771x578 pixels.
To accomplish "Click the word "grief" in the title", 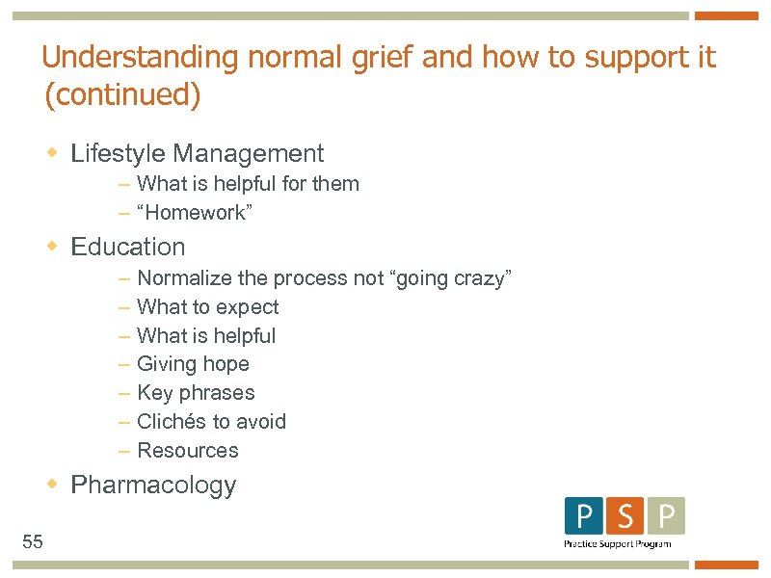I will tap(380, 58).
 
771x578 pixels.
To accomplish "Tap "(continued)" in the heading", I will tap(121, 96).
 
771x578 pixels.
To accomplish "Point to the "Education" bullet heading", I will tap(128, 247).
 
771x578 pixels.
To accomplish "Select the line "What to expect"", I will tap(208, 307).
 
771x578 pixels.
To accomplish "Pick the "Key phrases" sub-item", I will tap(196, 393).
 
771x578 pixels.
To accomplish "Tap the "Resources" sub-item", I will tap(188, 450).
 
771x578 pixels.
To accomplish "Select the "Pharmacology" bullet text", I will tap(153, 485).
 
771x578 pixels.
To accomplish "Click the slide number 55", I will tap(33, 541).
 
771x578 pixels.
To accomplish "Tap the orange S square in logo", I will tap(625, 516).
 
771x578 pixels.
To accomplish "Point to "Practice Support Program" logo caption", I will tap(617, 544).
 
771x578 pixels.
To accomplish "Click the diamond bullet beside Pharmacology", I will tap(54, 485).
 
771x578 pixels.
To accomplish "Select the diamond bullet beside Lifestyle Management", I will tap(54, 153).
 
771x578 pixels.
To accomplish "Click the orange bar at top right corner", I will tap(727, 15).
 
